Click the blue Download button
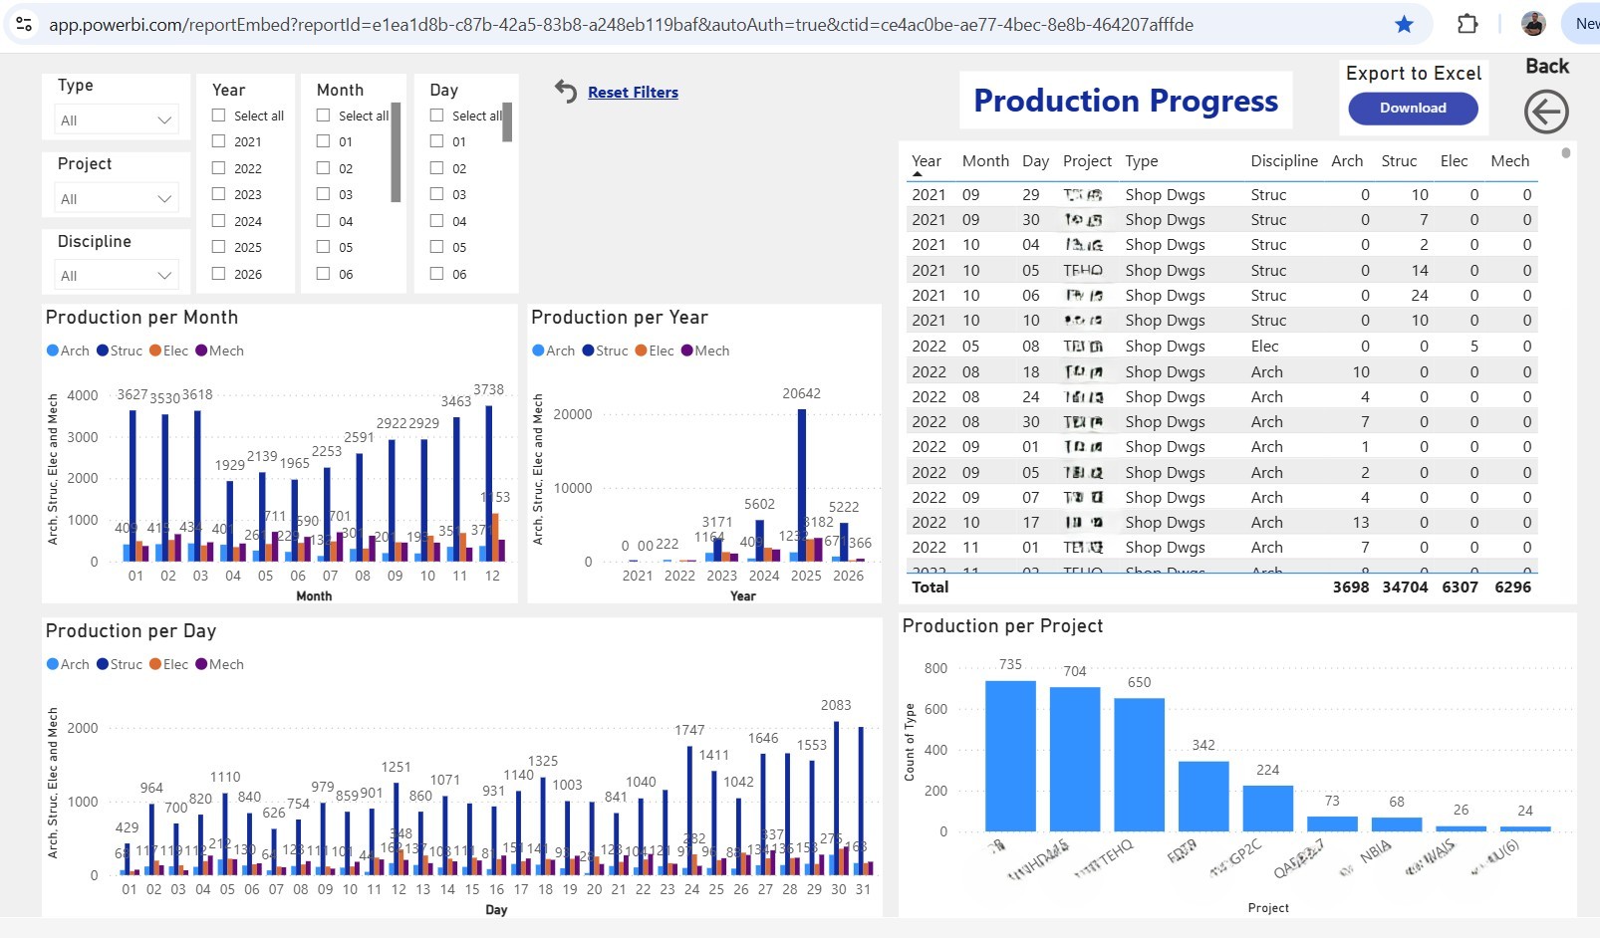tap(1412, 109)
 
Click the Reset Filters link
tap(633, 93)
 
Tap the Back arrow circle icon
tap(1545, 112)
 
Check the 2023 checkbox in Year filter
tap(219, 194)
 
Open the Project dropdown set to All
tap(117, 199)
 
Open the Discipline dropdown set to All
tap(117, 276)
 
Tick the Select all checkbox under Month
tap(324, 116)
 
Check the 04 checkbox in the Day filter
tap(437, 221)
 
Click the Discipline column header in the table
tap(1283, 161)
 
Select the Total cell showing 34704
tap(1404, 587)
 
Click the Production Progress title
tap(1125, 101)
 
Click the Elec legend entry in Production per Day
tap(168, 664)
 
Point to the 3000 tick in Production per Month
tap(83, 437)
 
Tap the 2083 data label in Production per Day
tap(835, 705)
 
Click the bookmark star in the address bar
tap(1404, 24)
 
